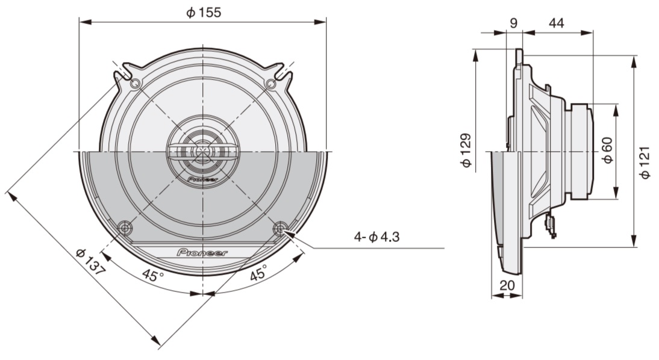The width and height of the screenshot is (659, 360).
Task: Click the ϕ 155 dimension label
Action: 203,13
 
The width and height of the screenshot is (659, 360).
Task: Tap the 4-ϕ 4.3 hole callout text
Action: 376,237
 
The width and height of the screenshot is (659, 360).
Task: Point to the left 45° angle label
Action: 153,276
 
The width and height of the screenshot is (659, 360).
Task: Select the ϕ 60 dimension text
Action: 607,151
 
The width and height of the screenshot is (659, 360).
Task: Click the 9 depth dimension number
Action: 513,23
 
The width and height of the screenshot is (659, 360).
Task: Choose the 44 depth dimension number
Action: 557,23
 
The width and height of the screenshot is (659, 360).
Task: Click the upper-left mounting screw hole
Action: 135,83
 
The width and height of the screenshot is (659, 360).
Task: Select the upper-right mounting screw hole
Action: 272,83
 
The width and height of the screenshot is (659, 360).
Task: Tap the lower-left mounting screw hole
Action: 125,228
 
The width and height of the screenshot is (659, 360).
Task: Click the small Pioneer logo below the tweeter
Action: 203,179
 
